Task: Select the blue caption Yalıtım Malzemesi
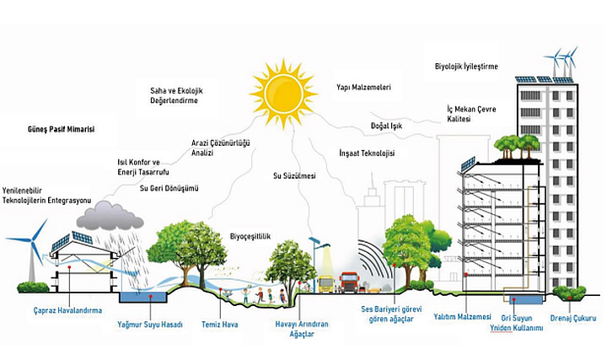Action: pyautogui.click(x=463, y=317)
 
